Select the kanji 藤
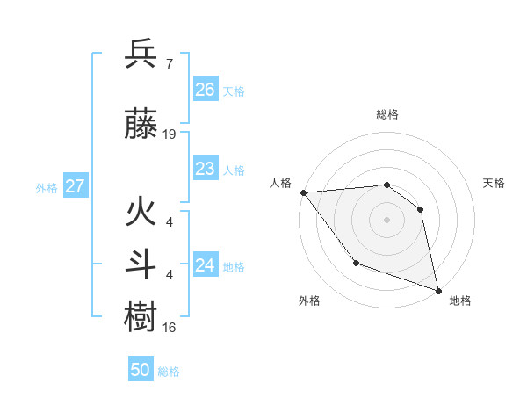pos(141,126)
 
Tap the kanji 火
pos(141,214)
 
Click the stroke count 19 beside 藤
pos(170,134)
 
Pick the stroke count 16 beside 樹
pos(170,327)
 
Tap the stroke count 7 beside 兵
pos(169,65)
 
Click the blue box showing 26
pos(205,90)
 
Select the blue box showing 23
pos(205,169)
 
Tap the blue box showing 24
pos(205,265)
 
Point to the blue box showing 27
pos(75,186)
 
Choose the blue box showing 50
pos(141,371)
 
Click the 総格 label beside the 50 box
pos(169,372)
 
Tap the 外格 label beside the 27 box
pos(47,187)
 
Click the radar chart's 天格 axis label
pos(495,183)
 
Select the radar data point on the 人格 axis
pos(303,192)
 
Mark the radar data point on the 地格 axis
pos(437,289)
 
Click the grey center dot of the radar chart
pos(386,219)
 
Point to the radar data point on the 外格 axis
pos(356,262)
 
